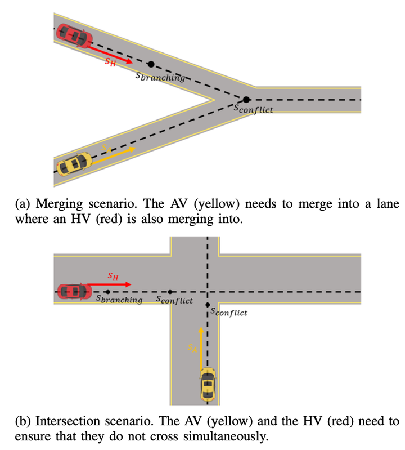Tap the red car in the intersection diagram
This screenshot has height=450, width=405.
pos(75,291)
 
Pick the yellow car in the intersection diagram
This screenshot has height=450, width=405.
pos(208,384)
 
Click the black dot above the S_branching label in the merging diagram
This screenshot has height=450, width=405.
pos(150,65)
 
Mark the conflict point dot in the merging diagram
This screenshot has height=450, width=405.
pos(246,100)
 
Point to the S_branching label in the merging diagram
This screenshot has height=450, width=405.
pos(160,77)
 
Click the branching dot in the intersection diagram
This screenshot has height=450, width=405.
pos(107,292)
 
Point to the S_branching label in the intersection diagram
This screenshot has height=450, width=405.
pos(119,300)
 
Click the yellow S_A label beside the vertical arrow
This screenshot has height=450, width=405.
pos(192,349)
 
